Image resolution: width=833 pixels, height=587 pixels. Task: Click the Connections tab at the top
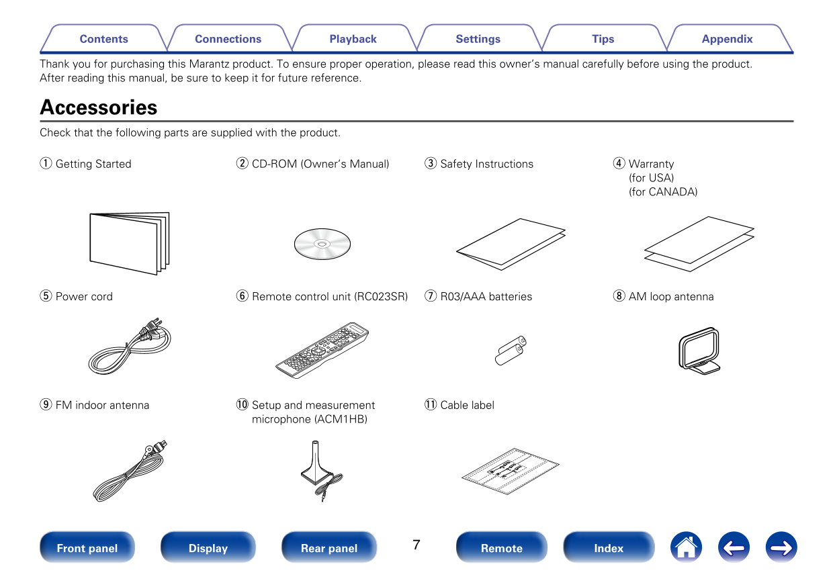228,39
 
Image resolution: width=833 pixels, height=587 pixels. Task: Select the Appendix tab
727,39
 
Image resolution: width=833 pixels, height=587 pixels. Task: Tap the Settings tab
478,39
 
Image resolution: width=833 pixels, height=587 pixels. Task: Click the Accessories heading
99,107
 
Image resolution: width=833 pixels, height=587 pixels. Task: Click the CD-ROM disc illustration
322,243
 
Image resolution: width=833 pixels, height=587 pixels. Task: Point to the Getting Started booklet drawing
129,243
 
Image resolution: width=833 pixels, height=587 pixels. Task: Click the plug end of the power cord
151,329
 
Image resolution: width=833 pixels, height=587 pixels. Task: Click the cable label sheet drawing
511,471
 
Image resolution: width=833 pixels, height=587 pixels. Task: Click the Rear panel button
328,548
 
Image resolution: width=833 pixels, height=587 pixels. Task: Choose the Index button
609,548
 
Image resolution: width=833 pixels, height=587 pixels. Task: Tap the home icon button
685,547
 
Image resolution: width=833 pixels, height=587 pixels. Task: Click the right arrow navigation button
781,547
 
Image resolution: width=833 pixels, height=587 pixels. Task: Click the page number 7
416,545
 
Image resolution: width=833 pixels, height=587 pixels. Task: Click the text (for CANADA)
662,192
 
